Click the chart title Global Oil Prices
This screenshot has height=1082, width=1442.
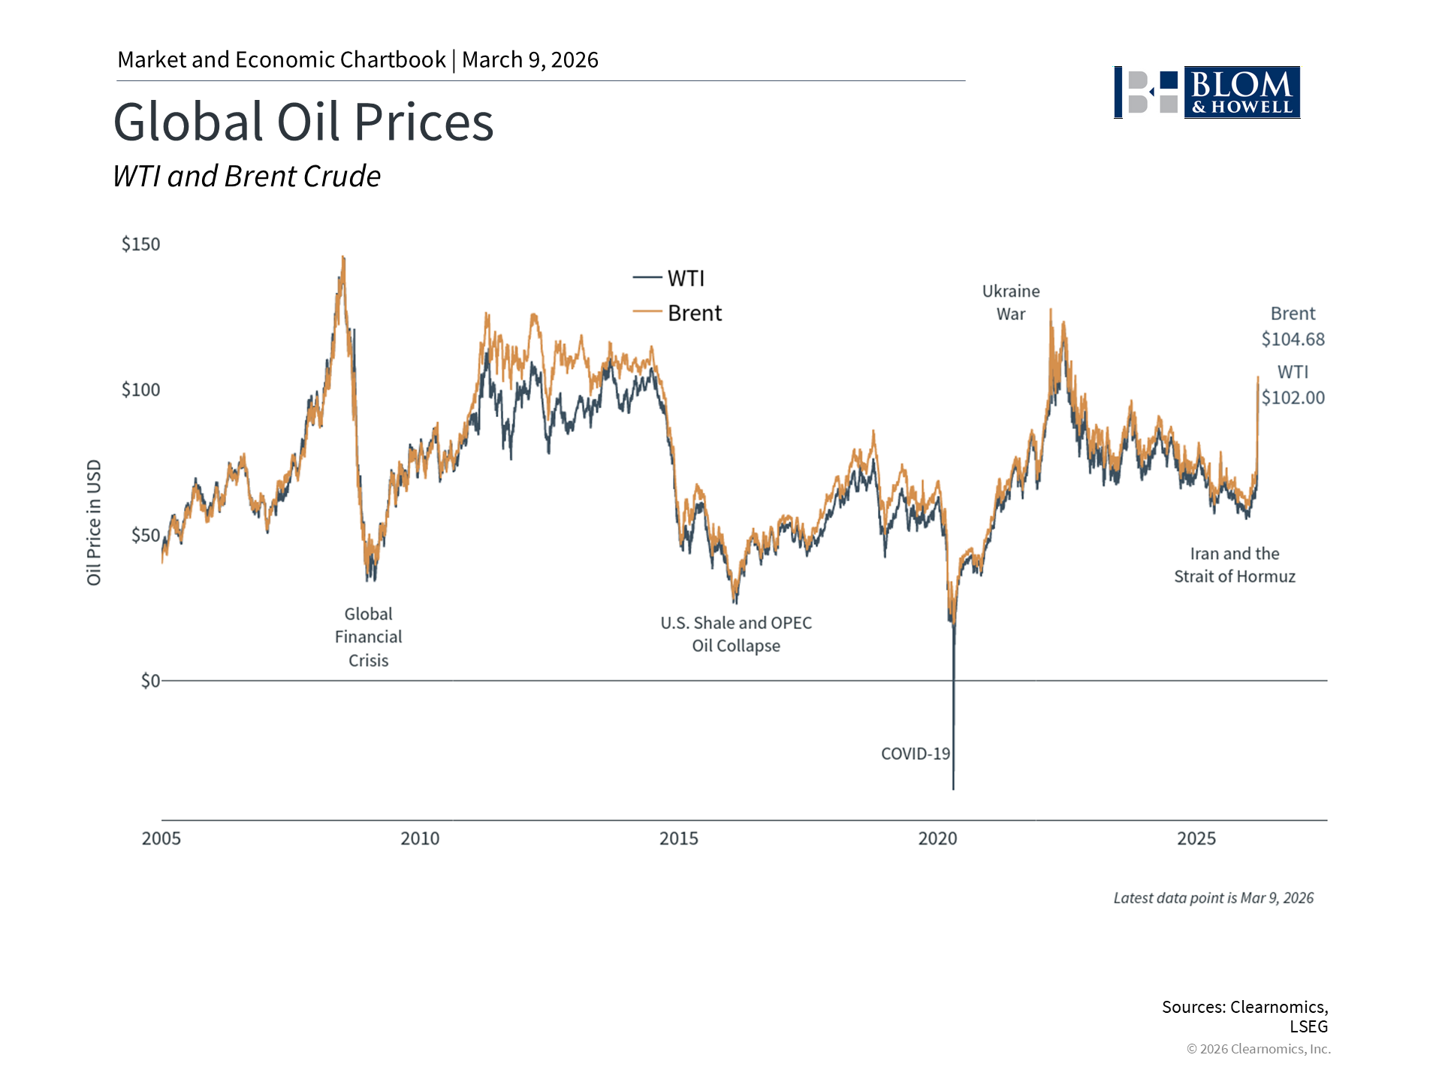[x=303, y=122]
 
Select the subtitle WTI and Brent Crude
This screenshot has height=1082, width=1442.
[x=246, y=177]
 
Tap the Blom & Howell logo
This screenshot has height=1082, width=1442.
[x=1207, y=92]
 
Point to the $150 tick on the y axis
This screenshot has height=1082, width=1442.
[x=141, y=244]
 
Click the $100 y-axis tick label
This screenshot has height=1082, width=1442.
[x=141, y=390]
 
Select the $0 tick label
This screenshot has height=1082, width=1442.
[x=150, y=681]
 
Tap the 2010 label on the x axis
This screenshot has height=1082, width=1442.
[x=420, y=839]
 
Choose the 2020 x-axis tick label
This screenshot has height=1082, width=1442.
[x=937, y=839]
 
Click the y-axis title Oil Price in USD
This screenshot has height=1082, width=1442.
[x=94, y=522]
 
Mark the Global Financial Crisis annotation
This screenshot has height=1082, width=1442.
[x=368, y=637]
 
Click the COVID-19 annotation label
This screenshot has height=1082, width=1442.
[x=915, y=754]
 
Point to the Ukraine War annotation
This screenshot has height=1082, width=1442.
[x=1011, y=303]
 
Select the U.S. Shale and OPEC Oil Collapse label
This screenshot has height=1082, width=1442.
[x=736, y=634]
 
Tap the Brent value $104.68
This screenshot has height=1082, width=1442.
[x=1293, y=340]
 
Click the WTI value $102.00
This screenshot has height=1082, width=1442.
[x=1293, y=397]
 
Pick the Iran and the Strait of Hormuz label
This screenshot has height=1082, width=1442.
[x=1235, y=565]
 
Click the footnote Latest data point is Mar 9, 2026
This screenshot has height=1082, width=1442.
[x=1213, y=898]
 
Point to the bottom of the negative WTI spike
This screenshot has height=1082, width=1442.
[x=954, y=788]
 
